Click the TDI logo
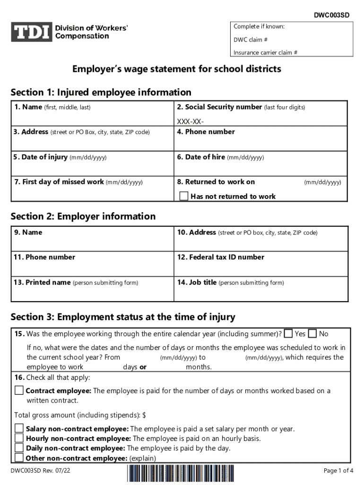[31, 32]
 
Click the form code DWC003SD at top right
[332, 15]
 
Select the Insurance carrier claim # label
[265, 53]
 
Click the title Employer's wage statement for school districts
[176, 69]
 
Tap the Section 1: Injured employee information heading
[101, 92]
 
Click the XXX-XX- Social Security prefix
[187, 122]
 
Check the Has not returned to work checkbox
[184, 196]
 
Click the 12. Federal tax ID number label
[220, 257]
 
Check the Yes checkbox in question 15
[288, 334]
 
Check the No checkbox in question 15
[312, 334]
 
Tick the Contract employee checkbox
[19, 391]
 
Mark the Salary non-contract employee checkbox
[19, 429]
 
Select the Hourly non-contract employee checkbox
[19, 438]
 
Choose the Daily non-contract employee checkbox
[19, 448]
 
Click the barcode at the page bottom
[181, 474]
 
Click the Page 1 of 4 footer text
[338, 470]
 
